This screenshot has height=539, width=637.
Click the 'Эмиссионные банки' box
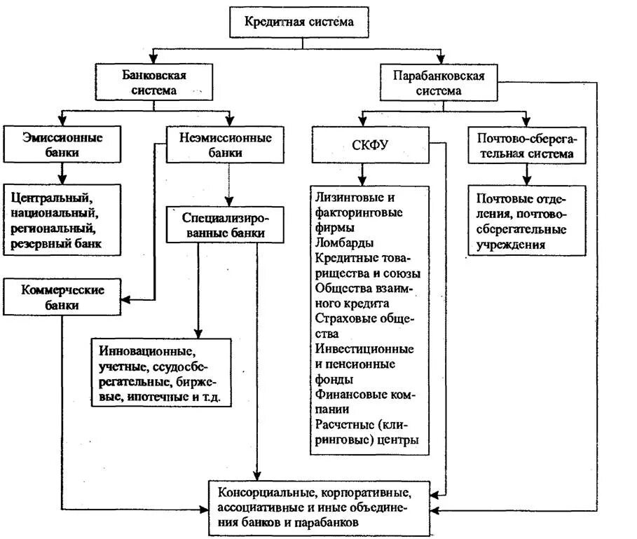(62, 144)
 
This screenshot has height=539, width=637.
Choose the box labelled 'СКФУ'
(369, 145)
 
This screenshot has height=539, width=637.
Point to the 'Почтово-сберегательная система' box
(526, 145)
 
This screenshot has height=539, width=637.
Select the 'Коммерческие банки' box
(62, 297)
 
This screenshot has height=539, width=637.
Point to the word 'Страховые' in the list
(343, 318)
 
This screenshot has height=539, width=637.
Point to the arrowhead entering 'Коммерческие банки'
(127, 299)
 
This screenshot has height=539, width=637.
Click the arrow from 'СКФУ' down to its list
(362, 172)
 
